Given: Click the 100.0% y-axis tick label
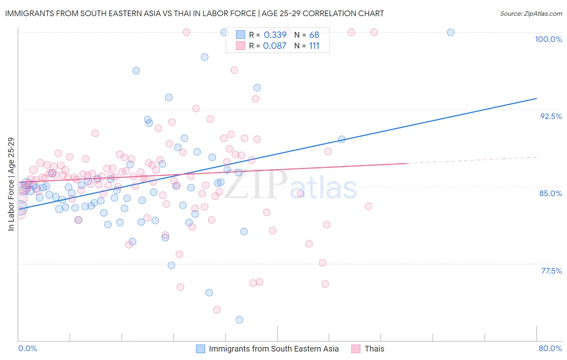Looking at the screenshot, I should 548,39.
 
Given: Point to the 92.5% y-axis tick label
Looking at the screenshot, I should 551,116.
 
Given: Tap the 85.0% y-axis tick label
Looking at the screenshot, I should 550,193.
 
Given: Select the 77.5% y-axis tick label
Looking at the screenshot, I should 551,271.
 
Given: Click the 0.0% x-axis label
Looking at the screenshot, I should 27,348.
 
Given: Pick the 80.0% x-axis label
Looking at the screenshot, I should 550,348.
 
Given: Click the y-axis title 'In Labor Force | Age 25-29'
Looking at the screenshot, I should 11,184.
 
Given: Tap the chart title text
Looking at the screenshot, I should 194,13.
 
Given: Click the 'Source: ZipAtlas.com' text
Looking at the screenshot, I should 531,13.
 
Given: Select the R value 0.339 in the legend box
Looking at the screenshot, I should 275,35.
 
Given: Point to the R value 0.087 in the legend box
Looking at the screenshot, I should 275,46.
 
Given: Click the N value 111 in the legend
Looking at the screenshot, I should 314,46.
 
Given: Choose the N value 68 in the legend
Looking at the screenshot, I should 314,35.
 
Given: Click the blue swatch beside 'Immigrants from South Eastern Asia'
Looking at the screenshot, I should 200,349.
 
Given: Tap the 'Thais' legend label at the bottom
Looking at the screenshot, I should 374,349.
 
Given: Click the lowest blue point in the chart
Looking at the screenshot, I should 239,320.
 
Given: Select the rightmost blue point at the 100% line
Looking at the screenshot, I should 450,32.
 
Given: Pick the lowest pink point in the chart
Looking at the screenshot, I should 217,310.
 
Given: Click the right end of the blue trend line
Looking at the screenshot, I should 536,98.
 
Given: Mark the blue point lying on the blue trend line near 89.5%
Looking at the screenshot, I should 342,139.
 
